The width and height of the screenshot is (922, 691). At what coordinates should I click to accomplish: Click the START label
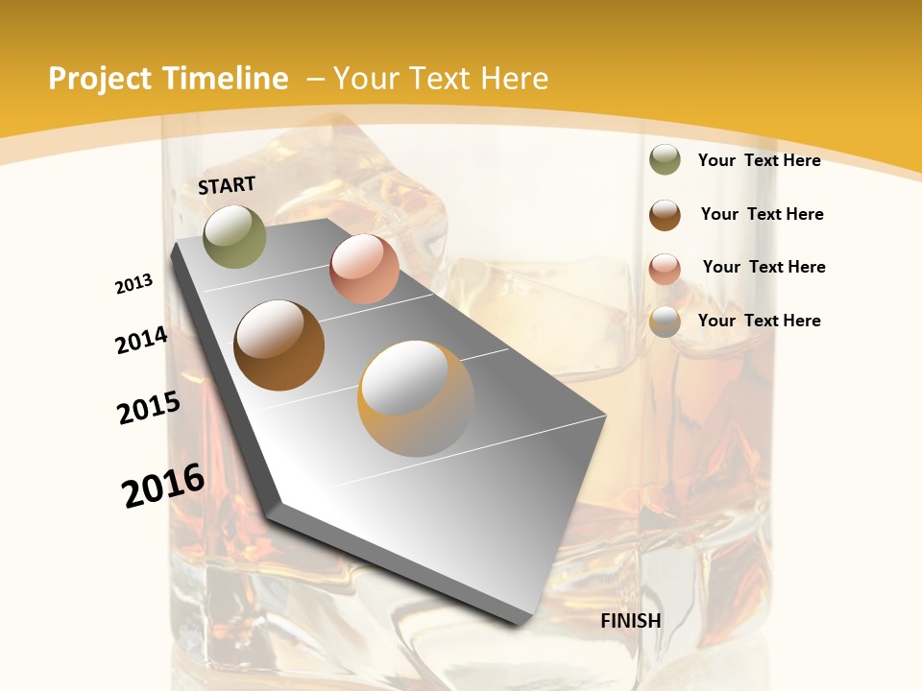click(x=227, y=185)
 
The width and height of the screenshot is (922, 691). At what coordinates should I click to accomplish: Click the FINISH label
click(x=631, y=621)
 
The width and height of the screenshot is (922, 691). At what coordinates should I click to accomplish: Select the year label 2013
click(x=134, y=284)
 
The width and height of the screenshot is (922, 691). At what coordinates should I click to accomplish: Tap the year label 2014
click(x=142, y=341)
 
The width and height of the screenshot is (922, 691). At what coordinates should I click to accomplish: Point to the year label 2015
click(x=149, y=408)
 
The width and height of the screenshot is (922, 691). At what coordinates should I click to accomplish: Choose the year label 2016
click(x=163, y=486)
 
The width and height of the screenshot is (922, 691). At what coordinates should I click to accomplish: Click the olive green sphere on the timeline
click(x=235, y=236)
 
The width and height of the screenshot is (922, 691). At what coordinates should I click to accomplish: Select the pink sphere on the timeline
click(x=364, y=269)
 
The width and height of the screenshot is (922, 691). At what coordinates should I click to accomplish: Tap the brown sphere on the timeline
click(x=279, y=345)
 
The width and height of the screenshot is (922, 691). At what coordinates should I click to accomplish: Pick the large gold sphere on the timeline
click(x=416, y=398)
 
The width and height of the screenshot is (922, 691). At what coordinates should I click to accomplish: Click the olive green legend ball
click(x=665, y=160)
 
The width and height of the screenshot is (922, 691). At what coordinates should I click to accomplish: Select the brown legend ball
click(x=665, y=215)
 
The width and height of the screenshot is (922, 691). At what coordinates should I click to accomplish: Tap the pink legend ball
click(x=665, y=269)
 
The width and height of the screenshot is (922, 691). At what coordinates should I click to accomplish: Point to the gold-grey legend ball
click(x=665, y=322)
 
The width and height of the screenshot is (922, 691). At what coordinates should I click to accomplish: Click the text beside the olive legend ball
click(x=759, y=160)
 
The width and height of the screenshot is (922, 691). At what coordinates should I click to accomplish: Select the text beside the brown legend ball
click(x=762, y=214)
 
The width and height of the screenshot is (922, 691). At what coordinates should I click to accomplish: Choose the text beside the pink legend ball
click(x=764, y=267)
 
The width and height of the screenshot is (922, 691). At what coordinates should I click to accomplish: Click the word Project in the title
click(x=101, y=79)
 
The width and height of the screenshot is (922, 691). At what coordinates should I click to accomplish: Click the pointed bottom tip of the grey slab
click(x=523, y=622)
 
